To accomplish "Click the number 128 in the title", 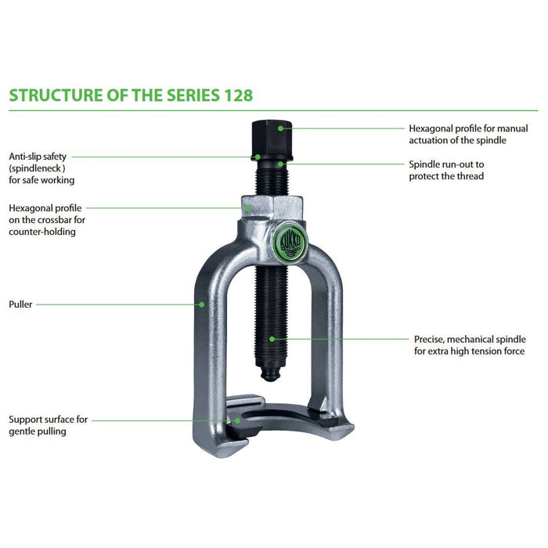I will point(234,95).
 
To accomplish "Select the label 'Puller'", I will point(20,304).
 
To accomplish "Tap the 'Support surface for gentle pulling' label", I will point(48,425).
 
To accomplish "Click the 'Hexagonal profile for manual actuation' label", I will point(468,134).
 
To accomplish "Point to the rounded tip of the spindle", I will point(271,377).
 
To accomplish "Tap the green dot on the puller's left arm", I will point(201,304).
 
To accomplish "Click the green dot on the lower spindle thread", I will point(272,339).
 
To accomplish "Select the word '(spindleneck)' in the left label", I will point(37,168).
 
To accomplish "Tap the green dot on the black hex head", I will point(279,126).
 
